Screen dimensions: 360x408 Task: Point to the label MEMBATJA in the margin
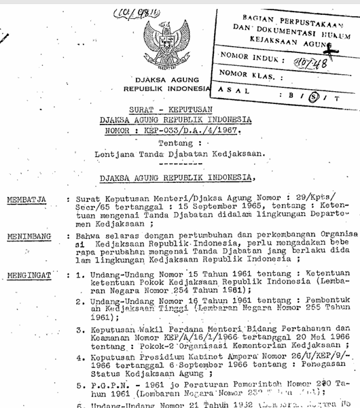(27, 201)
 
